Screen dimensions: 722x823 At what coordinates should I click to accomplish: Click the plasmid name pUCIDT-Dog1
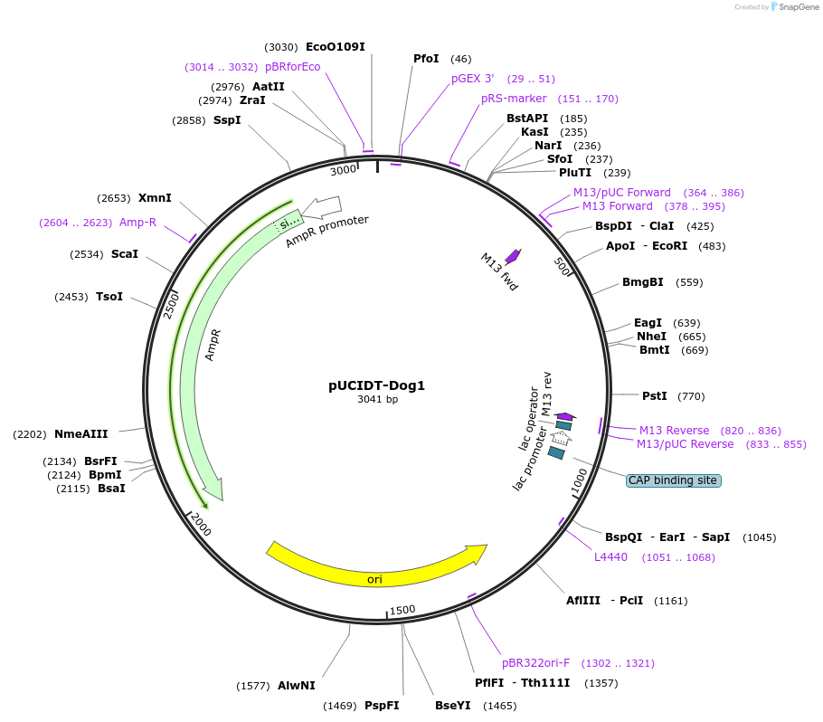(376, 385)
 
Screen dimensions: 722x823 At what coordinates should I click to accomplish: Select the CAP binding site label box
(673, 480)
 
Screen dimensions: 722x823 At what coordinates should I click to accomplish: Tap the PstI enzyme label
(654, 395)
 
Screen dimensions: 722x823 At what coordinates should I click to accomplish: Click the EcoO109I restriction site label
(335, 46)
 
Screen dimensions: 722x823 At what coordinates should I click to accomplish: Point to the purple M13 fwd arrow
(514, 256)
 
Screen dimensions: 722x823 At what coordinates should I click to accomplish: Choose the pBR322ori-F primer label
(536, 663)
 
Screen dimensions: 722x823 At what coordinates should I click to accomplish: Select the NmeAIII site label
(81, 433)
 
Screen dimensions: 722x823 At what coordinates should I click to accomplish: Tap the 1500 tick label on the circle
(402, 610)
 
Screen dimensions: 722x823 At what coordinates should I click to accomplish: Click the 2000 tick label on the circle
(201, 524)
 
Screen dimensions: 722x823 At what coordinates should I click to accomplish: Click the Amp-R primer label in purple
(137, 222)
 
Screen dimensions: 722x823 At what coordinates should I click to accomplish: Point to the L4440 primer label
(610, 556)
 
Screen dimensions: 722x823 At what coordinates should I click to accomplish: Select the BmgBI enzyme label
(642, 281)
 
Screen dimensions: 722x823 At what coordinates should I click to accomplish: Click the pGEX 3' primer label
(472, 79)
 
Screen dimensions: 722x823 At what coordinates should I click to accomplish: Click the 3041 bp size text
(377, 399)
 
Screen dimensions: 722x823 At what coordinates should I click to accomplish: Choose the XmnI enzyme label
(155, 197)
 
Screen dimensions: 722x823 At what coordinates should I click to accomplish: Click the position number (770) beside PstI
(690, 396)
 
